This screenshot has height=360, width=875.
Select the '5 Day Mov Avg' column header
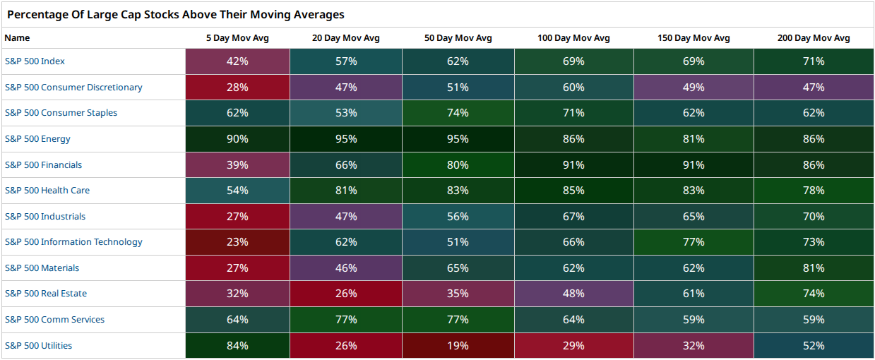pos(237,38)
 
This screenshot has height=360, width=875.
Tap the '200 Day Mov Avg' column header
pos(814,38)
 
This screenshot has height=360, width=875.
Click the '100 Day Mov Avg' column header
pos(573,38)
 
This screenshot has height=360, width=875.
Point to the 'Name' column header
pos(17,38)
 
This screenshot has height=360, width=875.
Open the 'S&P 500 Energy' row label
pos(37,139)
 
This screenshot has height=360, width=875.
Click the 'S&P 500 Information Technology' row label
pos(73,242)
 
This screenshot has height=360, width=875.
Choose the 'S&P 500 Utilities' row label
pos(38,346)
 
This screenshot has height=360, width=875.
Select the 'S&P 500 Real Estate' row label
pos(46,294)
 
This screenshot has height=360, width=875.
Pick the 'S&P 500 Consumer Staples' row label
pos(61,113)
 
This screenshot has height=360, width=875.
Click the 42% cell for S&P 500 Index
pos(237,61)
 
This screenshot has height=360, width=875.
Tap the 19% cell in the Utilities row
pos(458,346)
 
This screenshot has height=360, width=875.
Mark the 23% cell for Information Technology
pos(237,242)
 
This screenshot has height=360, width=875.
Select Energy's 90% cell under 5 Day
pos(237,139)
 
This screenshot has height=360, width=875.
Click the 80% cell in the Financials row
pos(458,164)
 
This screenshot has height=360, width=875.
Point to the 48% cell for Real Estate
pos(573,294)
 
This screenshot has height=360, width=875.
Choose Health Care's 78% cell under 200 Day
pos(814,191)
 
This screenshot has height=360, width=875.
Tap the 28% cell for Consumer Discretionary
pos(237,87)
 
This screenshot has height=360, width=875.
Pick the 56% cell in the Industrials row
pos(458,216)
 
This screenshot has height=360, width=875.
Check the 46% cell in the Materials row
pos(346,268)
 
